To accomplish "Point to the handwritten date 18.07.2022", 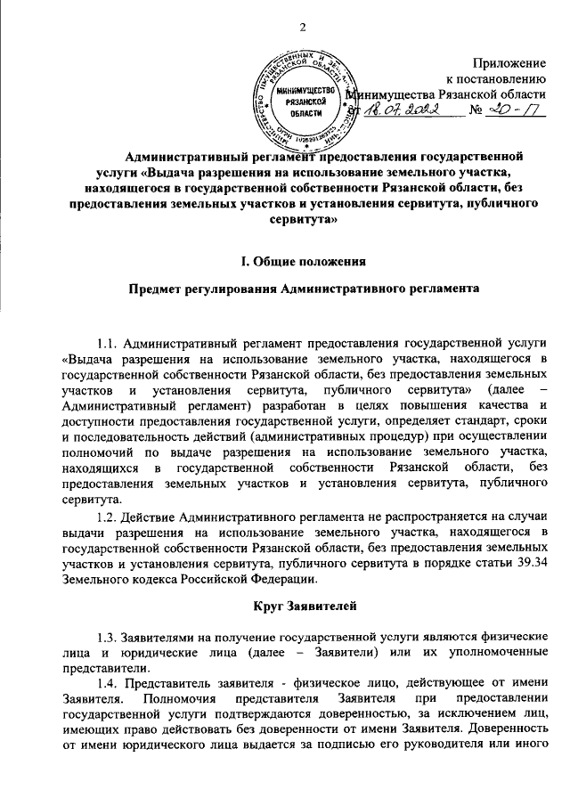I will (405, 112).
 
